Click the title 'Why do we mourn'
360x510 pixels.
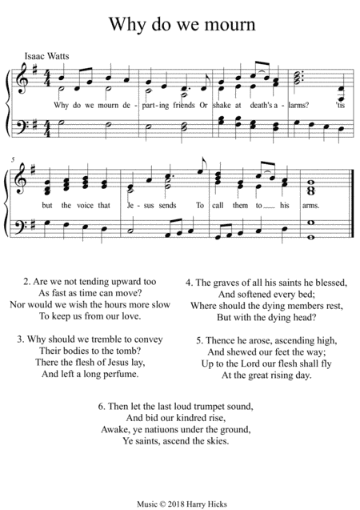[179, 23]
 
